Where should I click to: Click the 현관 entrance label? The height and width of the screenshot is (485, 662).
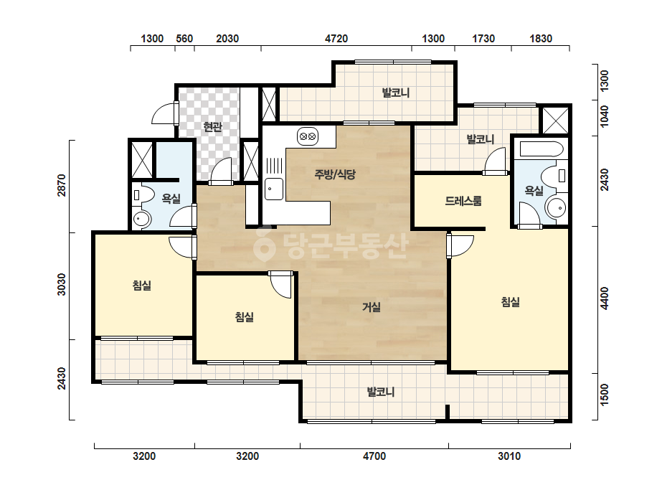[212, 126]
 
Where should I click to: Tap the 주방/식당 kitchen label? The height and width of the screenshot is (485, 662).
[335, 174]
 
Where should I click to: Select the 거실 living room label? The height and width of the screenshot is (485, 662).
[372, 307]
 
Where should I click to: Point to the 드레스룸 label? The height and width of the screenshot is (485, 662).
[463, 201]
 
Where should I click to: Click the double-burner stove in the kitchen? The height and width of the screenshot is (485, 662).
[308, 136]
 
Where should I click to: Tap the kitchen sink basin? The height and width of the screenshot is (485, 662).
[274, 189]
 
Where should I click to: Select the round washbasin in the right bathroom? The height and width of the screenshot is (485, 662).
[557, 208]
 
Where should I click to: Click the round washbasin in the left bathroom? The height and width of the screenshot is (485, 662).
[142, 219]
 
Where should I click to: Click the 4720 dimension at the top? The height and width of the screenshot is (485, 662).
[336, 39]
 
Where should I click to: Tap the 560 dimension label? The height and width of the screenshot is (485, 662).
[184, 39]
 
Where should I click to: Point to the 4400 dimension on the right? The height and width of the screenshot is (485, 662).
[605, 298]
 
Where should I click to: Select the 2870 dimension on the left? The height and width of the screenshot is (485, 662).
[62, 185]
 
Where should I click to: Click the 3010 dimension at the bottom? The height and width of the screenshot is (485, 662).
[509, 456]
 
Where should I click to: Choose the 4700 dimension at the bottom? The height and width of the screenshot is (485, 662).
[374, 456]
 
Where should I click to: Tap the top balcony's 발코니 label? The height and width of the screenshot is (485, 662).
[396, 93]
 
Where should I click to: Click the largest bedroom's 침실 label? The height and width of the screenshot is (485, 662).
[511, 301]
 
